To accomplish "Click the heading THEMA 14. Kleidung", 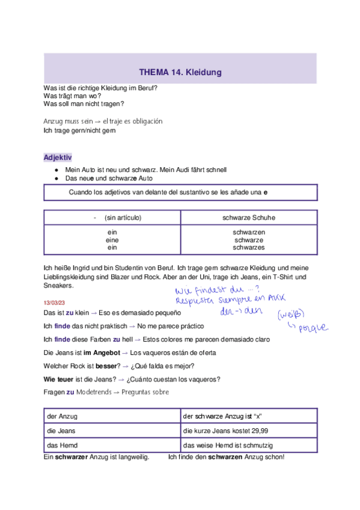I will pos(180,72).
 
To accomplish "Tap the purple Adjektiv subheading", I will pos(58,157).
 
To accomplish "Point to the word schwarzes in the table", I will pos(249,247).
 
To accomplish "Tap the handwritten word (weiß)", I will pos(290,313).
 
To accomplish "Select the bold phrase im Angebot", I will pos(99,352).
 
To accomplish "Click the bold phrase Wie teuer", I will pos(58,379).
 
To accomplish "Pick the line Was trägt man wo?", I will pos(72,96).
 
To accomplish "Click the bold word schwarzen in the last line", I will pos(225,457).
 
